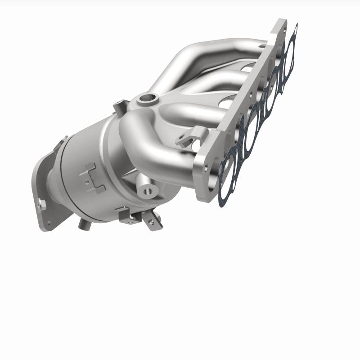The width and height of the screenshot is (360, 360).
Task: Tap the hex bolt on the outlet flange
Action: click(41, 203)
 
